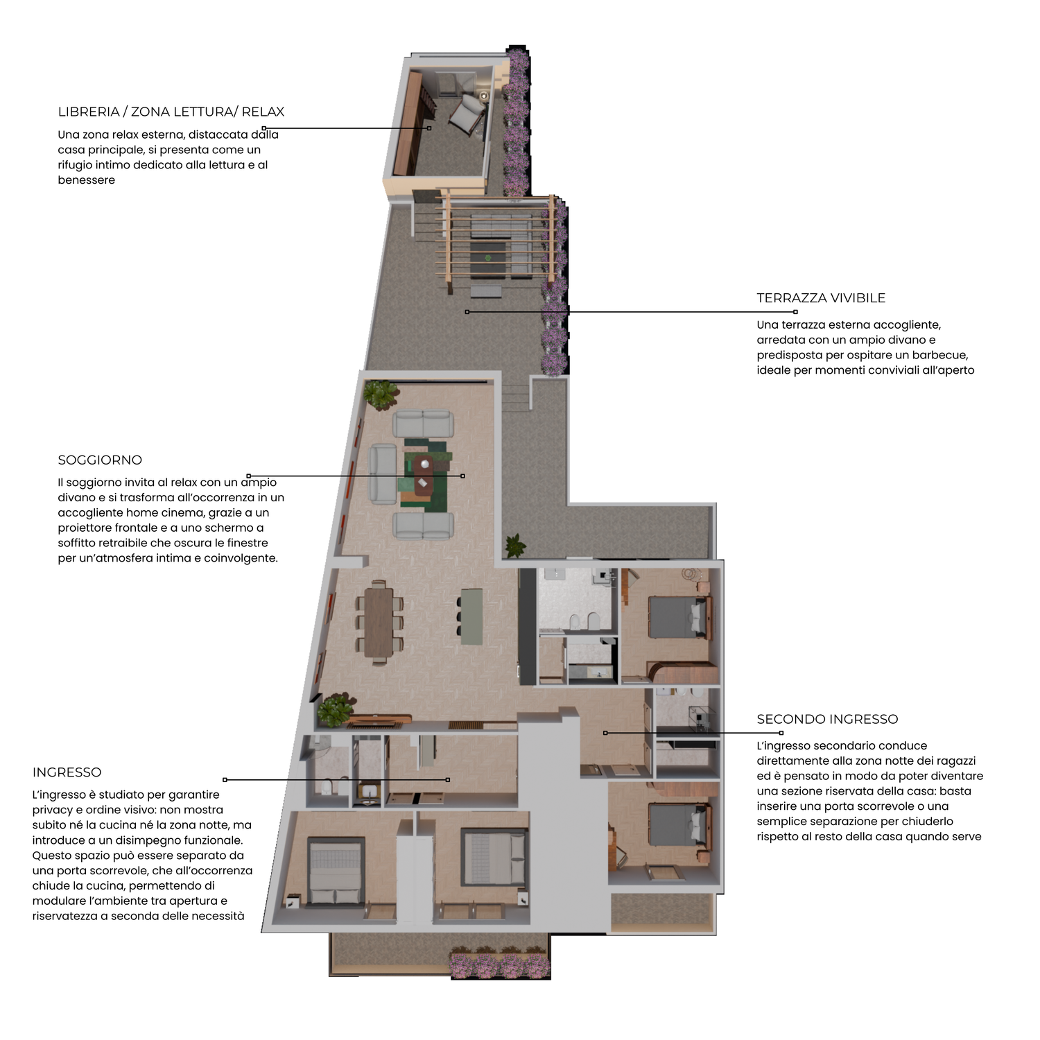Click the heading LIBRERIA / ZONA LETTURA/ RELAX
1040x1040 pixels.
(171, 112)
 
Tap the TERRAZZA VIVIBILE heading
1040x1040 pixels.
(821, 298)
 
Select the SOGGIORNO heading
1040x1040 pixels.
(100, 460)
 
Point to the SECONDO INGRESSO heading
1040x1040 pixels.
(827, 720)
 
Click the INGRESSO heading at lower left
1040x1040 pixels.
(67, 772)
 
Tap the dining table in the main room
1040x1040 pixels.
(379, 622)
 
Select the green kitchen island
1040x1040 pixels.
(472, 616)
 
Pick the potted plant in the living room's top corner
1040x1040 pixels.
(381, 394)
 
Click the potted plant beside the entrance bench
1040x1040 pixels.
(336, 709)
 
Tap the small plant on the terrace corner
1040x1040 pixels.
(515, 546)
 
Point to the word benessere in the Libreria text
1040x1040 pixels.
(87, 180)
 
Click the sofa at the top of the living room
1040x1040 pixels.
(423, 424)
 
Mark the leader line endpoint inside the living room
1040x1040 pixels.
(462, 476)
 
